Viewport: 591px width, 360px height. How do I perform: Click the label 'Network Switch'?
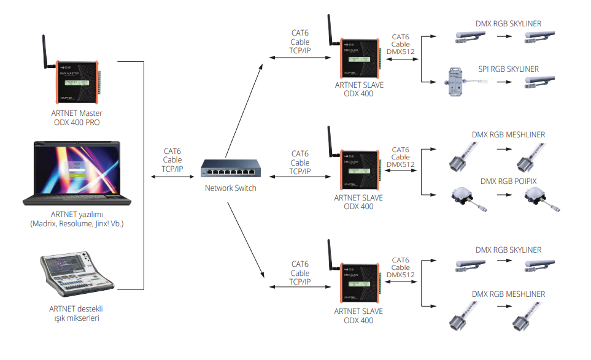pyautogui.click(x=230, y=188)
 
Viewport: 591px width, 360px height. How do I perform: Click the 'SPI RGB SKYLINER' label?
pyautogui.click(x=508, y=69)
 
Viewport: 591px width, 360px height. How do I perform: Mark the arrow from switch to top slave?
pyautogui.click(x=244, y=104)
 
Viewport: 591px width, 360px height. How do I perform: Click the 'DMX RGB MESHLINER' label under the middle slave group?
pyautogui.click(x=508, y=135)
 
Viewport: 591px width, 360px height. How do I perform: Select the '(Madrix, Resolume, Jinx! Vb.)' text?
pyautogui.click(x=77, y=224)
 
